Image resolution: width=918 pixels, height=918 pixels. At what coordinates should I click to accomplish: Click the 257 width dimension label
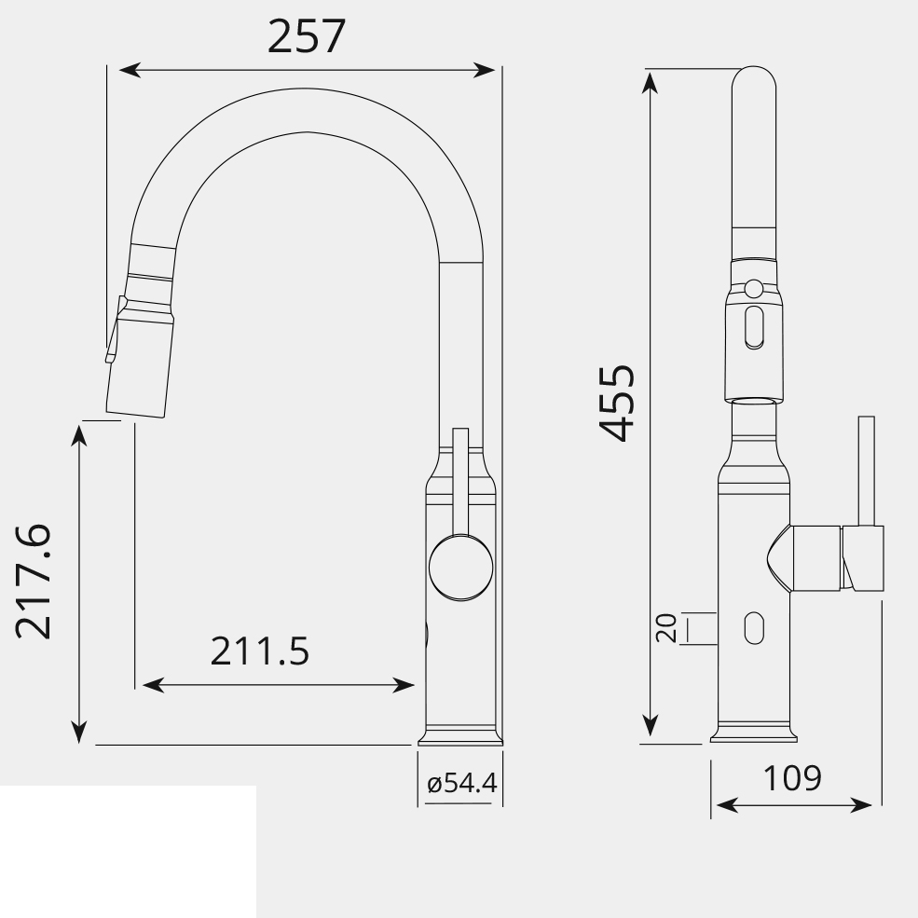pyautogui.click(x=306, y=37)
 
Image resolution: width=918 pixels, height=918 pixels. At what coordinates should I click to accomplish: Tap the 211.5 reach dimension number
pyautogui.click(x=259, y=652)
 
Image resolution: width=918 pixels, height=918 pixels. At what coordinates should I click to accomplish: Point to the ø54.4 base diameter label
pyautogui.click(x=461, y=784)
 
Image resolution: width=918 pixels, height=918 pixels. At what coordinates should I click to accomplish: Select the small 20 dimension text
pyautogui.click(x=666, y=629)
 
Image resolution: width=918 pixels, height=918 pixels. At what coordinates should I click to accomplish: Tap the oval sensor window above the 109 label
pyautogui.click(x=753, y=628)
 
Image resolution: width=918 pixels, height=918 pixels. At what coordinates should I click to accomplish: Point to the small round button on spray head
pyautogui.click(x=755, y=289)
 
